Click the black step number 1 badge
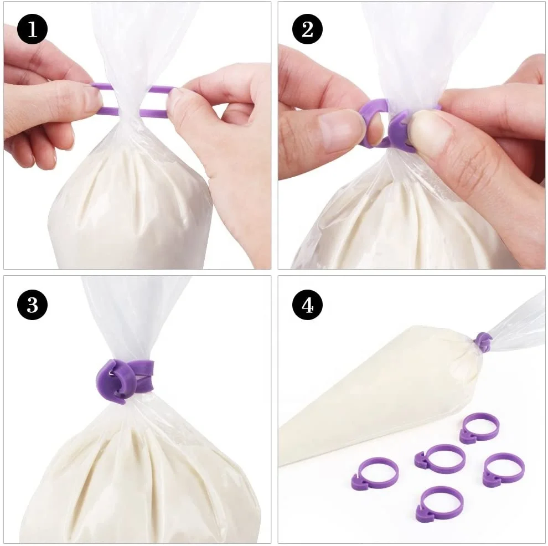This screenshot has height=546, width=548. click(32, 29)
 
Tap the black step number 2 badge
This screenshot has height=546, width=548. click(307, 29)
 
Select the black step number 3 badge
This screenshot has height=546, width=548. click(32, 304)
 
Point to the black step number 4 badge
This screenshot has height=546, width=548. click(307, 304)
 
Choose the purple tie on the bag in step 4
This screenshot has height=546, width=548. click(483, 342)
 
